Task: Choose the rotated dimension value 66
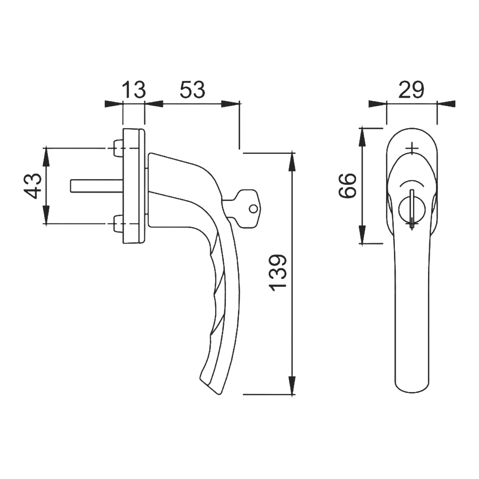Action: [x=347, y=186]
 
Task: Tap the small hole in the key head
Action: [x=253, y=209]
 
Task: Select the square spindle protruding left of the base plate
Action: [x=97, y=186]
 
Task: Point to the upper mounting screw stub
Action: [x=118, y=148]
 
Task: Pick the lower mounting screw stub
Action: [x=118, y=224]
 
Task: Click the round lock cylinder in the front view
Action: [x=412, y=210]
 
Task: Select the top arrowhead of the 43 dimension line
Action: [x=46, y=157]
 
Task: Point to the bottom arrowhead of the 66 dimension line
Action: [x=362, y=234]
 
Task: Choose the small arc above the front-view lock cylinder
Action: [x=412, y=183]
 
